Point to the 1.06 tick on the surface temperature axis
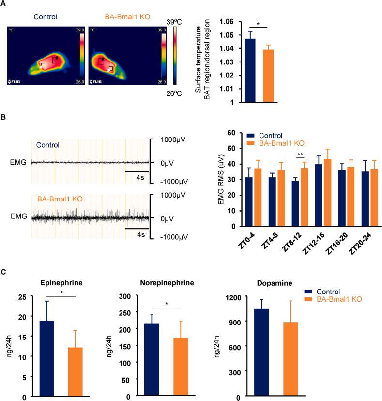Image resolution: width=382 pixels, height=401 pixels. [227, 22]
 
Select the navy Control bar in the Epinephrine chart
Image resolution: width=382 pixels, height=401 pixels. [46, 358]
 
